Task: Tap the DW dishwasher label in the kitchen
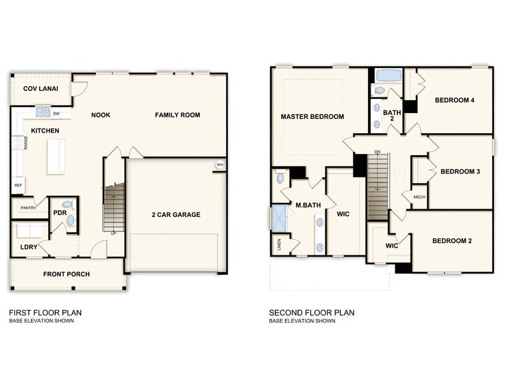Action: tap(56, 113)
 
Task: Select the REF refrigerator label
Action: tap(18, 185)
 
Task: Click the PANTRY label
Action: tap(28, 208)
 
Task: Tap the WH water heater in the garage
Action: tap(219, 164)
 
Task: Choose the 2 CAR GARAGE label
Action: tap(176, 215)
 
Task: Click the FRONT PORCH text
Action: tap(66, 274)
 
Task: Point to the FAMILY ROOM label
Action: tap(177, 115)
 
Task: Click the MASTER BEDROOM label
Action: tap(312, 117)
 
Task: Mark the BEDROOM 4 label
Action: tap(454, 100)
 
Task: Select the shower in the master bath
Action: tap(279, 217)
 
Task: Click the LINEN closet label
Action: tap(279, 245)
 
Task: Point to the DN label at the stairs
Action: tap(377, 153)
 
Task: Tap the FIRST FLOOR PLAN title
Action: tap(45, 312)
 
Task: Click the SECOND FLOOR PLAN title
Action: tap(312, 312)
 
